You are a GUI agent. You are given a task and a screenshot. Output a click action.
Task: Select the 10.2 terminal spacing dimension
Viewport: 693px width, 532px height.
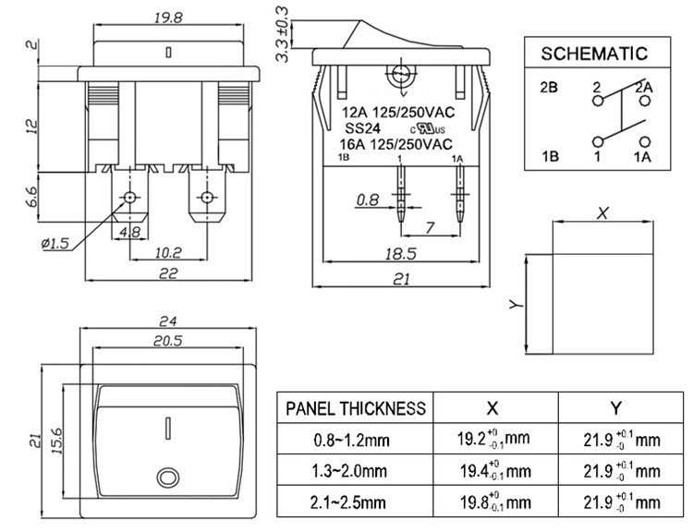click(167, 250)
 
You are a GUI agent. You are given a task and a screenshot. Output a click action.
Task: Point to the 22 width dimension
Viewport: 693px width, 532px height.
click(167, 272)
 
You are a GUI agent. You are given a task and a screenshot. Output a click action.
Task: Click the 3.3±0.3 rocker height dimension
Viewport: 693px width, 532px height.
click(282, 34)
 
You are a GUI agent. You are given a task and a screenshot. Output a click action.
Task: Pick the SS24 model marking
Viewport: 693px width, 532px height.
click(360, 130)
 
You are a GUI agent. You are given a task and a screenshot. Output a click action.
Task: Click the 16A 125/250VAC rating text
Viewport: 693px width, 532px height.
click(396, 144)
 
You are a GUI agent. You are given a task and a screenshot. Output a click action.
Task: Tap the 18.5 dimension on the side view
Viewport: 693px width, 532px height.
click(397, 252)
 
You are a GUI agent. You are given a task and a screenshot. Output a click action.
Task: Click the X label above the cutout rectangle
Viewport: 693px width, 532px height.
click(603, 212)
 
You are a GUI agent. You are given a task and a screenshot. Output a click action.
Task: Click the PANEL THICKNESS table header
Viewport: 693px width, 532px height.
click(356, 408)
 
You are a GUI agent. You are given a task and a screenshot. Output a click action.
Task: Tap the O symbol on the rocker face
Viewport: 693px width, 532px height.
click(167, 478)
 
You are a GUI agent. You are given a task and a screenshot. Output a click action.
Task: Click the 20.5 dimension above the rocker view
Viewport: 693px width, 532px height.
click(167, 341)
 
